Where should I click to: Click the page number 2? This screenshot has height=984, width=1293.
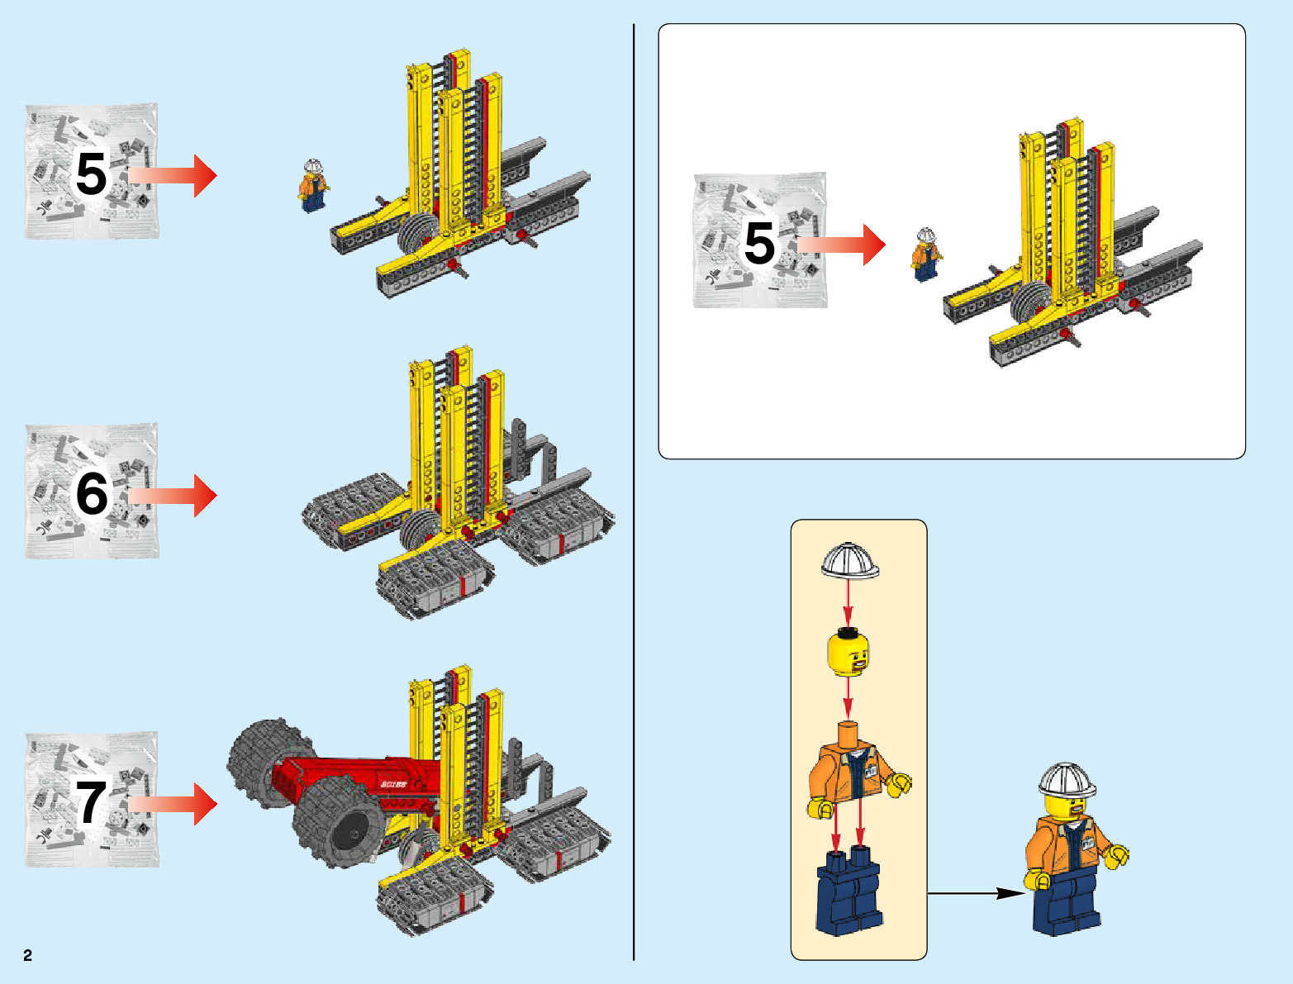27,955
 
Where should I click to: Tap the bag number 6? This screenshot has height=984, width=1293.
92,493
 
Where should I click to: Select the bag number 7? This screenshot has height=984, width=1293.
91,802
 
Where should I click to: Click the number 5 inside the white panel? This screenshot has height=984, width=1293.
759,243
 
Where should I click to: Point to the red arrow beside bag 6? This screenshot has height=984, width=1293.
174,495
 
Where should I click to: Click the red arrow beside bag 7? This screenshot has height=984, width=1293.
174,804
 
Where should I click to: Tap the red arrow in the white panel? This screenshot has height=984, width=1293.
843,245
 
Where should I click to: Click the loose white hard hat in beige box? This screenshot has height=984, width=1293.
849,561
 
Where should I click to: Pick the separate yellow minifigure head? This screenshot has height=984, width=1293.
849,653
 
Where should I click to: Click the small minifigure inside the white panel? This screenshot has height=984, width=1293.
926,254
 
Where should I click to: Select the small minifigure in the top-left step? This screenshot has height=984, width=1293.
313,186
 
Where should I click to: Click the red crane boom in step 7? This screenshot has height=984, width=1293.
355,777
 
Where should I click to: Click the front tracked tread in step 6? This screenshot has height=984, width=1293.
434,582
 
